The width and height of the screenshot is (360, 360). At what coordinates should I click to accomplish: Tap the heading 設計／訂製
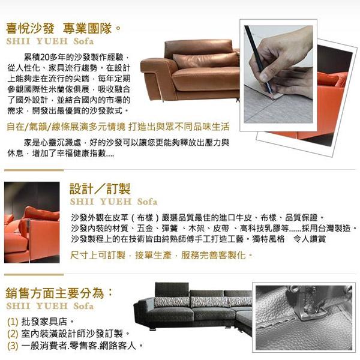(x=100, y=189)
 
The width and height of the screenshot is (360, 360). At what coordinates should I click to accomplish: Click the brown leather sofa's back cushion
(x=205, y=61)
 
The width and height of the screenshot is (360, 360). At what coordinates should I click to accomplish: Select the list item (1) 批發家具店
(x=40, y=322)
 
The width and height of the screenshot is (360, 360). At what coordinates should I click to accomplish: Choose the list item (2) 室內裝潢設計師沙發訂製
(x=68, y=334)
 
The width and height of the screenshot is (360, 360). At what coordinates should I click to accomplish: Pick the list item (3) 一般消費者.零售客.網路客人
(x=75, y=346)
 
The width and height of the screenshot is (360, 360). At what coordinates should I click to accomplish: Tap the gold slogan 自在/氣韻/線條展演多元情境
(x=66, y=127)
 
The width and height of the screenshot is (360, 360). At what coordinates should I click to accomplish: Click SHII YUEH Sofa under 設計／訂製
(x=113, y=202)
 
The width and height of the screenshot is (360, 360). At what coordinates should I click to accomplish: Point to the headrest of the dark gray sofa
(x=172, y=289)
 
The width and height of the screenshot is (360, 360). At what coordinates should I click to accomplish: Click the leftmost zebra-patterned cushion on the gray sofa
(x=172, y=302)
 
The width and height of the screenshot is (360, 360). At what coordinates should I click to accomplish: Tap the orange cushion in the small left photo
(x=41, y=214)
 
